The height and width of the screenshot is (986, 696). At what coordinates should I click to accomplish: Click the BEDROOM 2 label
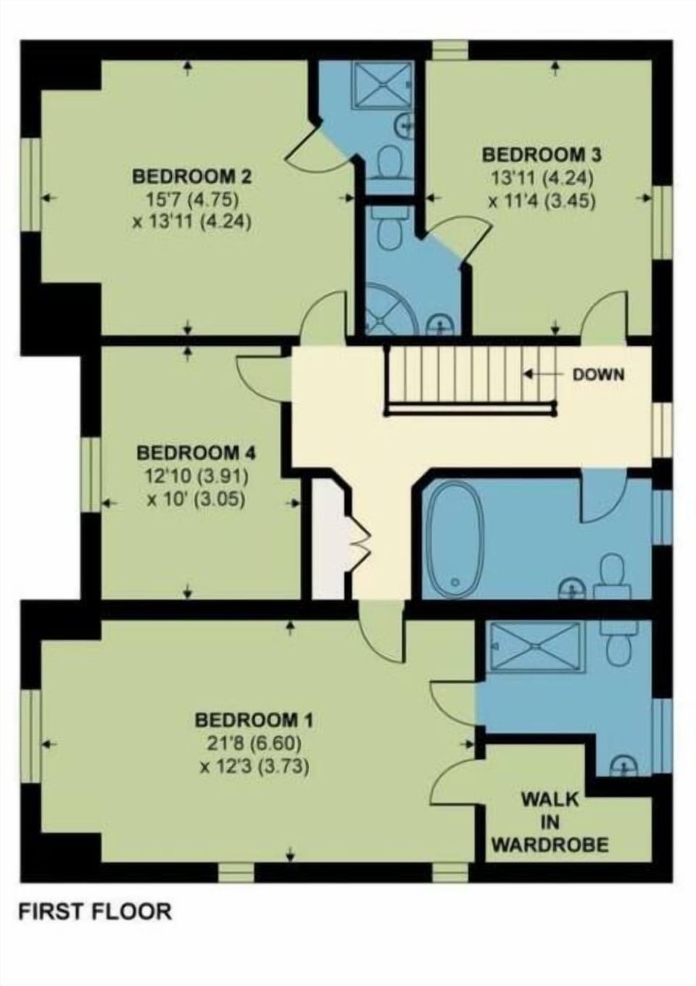coord(192,177)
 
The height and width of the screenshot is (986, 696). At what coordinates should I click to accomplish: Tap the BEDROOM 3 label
coord(542,155)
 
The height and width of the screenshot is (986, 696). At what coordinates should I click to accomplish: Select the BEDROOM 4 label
coord(196,453)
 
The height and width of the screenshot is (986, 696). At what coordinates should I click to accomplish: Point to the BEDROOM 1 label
coord(254,720)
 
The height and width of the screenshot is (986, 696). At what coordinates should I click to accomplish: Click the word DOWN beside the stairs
coord(598,374)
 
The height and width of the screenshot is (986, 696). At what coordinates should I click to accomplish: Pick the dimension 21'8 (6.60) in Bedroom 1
coord(254,744)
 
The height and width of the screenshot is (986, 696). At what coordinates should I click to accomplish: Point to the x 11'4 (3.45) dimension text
coord(542,201)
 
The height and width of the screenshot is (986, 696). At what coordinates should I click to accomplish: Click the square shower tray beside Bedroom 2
coord(384,85)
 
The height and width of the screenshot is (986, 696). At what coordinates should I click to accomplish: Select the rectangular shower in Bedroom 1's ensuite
coord(536,646)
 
